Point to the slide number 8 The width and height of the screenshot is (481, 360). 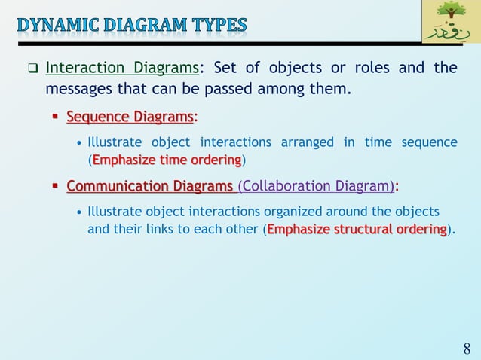467,349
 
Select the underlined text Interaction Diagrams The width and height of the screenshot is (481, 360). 122,69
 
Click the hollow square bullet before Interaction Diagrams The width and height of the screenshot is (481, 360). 32,69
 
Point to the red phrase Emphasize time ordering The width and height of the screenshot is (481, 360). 167,160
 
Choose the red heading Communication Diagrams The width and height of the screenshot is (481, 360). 150,185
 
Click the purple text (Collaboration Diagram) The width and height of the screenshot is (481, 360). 316,185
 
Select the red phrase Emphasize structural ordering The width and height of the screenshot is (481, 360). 357,229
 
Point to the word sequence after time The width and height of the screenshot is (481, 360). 433,142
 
